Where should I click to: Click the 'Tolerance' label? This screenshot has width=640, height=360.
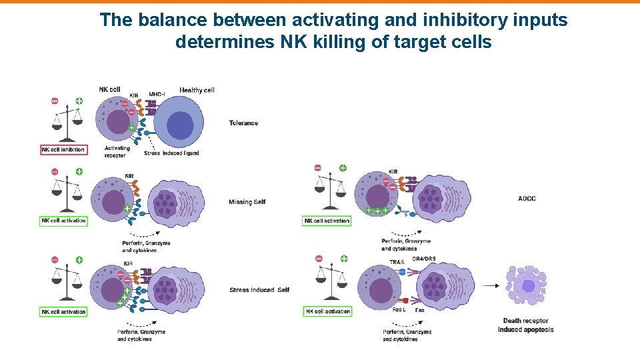click(243, 123)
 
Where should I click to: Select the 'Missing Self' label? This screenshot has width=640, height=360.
click(247, 202)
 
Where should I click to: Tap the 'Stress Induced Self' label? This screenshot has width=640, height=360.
click(259, 290)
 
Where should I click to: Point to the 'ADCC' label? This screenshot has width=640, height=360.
click(527, 199)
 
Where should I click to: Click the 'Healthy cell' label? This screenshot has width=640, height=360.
click(197, 90)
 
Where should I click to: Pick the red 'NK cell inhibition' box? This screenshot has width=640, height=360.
click(63, 150)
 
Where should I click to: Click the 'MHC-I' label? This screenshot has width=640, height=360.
click(158, 94)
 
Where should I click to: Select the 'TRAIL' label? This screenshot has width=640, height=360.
click(397, 262)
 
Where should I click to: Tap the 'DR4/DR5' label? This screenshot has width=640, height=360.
click(425, 258)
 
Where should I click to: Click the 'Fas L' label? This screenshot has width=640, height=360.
click(399, 309)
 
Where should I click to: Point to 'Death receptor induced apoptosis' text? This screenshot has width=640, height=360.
click(525, 325)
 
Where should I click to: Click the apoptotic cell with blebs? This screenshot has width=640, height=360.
click(527, 285)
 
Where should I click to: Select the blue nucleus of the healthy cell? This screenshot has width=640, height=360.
click(179, 125)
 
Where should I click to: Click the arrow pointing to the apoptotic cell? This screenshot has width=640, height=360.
click(489, 285)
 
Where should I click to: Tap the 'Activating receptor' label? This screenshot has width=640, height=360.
click(117, 152)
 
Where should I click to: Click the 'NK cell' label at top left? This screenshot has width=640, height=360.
click(109, 89)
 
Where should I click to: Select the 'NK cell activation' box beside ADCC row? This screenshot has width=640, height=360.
click(327, 221)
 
